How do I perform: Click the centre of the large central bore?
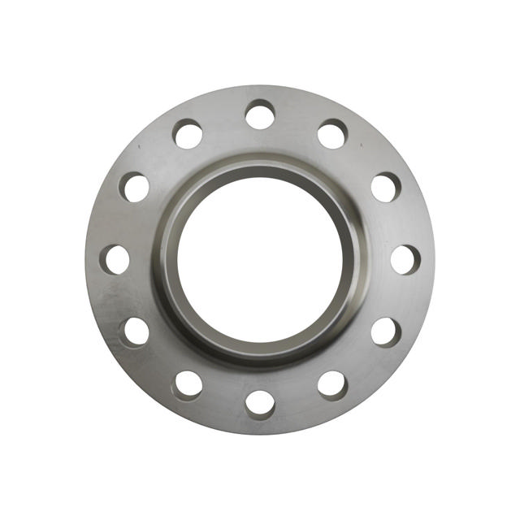click(260, 259)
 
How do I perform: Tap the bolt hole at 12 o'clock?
click(260, 115)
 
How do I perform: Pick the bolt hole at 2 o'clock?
click(386, 187)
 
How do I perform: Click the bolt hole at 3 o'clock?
click(405, 259)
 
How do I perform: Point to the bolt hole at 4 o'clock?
click(386, 331)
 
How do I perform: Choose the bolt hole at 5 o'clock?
click(332, 385)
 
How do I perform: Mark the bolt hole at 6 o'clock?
click(260, 404)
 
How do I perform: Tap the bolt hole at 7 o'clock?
click(188, 385)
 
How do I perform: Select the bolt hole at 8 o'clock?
click(135, 331)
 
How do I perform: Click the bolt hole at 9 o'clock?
click(115, 259)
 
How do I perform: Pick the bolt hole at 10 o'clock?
click(136, 187)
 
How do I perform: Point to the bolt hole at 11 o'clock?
click(188, 134)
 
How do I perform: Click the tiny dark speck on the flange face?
click(139, 146)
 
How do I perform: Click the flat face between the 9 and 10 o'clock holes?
click(121, 222)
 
